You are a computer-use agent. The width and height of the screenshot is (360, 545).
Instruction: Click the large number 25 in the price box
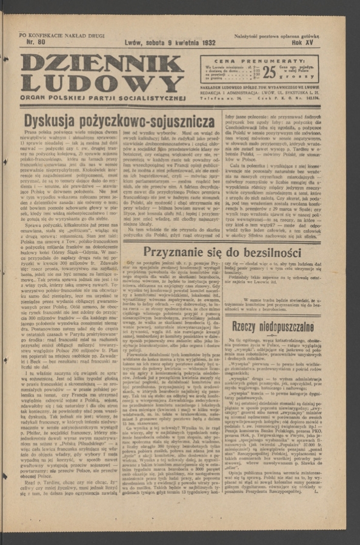[269, 71]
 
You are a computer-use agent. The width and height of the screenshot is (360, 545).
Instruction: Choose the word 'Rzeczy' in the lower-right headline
[252, 328]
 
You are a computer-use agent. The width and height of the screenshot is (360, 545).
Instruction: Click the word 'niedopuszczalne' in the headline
[299, 328]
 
